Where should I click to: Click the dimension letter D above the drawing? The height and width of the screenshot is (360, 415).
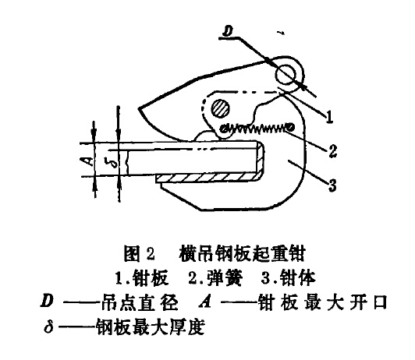pyautogui.click(x=228, y=31)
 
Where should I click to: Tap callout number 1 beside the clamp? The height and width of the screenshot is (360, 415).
pyautogui.click(x=329, y=117)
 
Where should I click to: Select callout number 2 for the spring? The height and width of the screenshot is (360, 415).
pyautogui.click(x=332, y=151)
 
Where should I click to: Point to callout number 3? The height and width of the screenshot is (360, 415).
pyautogui.click(x=332, y=185)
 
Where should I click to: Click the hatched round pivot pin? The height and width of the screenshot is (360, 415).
pyautogui.click(x=220, y=108)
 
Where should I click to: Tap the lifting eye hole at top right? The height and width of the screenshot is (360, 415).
pyautogui.click(x=285, y=73)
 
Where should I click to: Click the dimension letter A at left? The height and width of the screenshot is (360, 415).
pyautogui.click(x=90, y=161)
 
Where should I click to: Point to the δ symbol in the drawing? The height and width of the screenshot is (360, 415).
pyautogui.click(x=114, y=161)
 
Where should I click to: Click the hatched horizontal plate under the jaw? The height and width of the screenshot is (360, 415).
pyautogui.click(x=207, y=178)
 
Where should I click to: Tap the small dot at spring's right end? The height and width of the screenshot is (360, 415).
pyautogui.click(x=291, y=127)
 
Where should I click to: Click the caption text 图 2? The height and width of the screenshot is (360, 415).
pyautogui.click(x=139, y=254)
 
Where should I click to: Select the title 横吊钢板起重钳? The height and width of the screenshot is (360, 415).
pyautogui.click(x=242, y=254)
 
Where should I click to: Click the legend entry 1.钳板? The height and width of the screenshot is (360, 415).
pyautogui.click(x=142, y=278)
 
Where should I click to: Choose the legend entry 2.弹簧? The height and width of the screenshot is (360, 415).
pyautogui.click(x=215, y=278)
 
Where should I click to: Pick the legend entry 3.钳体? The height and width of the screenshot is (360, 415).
pyautogui.click(x=289, y=278)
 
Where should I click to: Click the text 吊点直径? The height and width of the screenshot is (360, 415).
pyautogui.click(x=139, y=302)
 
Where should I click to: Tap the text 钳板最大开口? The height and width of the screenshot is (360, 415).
pyautogui.click(x=323, y=302)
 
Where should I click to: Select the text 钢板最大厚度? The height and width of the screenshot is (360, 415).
pyautogui.click(x=151, y=327)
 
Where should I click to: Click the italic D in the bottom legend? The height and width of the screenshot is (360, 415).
pyautogui.click(x=47, y=301)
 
